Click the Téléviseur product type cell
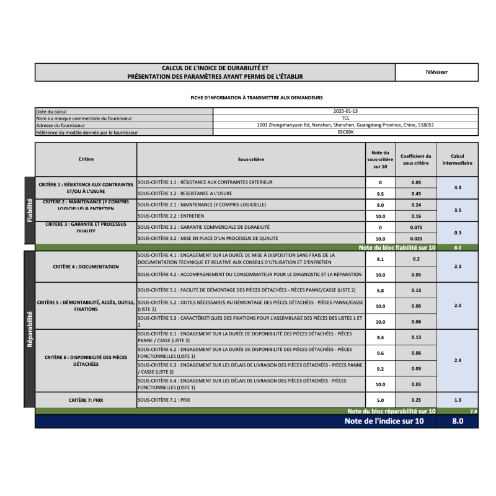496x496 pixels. click(x=436, y=72)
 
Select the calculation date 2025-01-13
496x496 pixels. click(x=345, y=111)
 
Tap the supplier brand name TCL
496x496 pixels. click(x=345, y=118)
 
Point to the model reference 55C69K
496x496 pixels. click(x=345, y=132)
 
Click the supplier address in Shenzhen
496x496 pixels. click(x=345, y=125)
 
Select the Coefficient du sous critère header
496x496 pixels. click(x=416, y=159)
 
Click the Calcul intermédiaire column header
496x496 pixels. click(x=458, y=159)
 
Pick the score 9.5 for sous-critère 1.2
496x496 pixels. click(x=381, y=193)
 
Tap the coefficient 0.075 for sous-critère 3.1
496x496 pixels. click(x=416, y=228)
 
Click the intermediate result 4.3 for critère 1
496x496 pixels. click(x=458, y=187)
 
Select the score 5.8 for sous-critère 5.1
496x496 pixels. click(x=381, y=290)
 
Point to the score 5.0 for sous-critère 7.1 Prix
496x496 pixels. click(x=381, y=400)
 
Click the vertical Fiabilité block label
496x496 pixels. click(x=29, y=210)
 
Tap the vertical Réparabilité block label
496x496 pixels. click(x=29, y=329)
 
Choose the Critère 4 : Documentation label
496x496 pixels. click(x=86, y=267)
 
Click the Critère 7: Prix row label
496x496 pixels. click(x=86, y=401)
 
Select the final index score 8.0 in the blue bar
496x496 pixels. click(x=457, y=422)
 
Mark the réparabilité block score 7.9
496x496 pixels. click(x=474, y=411)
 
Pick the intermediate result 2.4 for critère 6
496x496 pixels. click(x=458, y=360)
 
